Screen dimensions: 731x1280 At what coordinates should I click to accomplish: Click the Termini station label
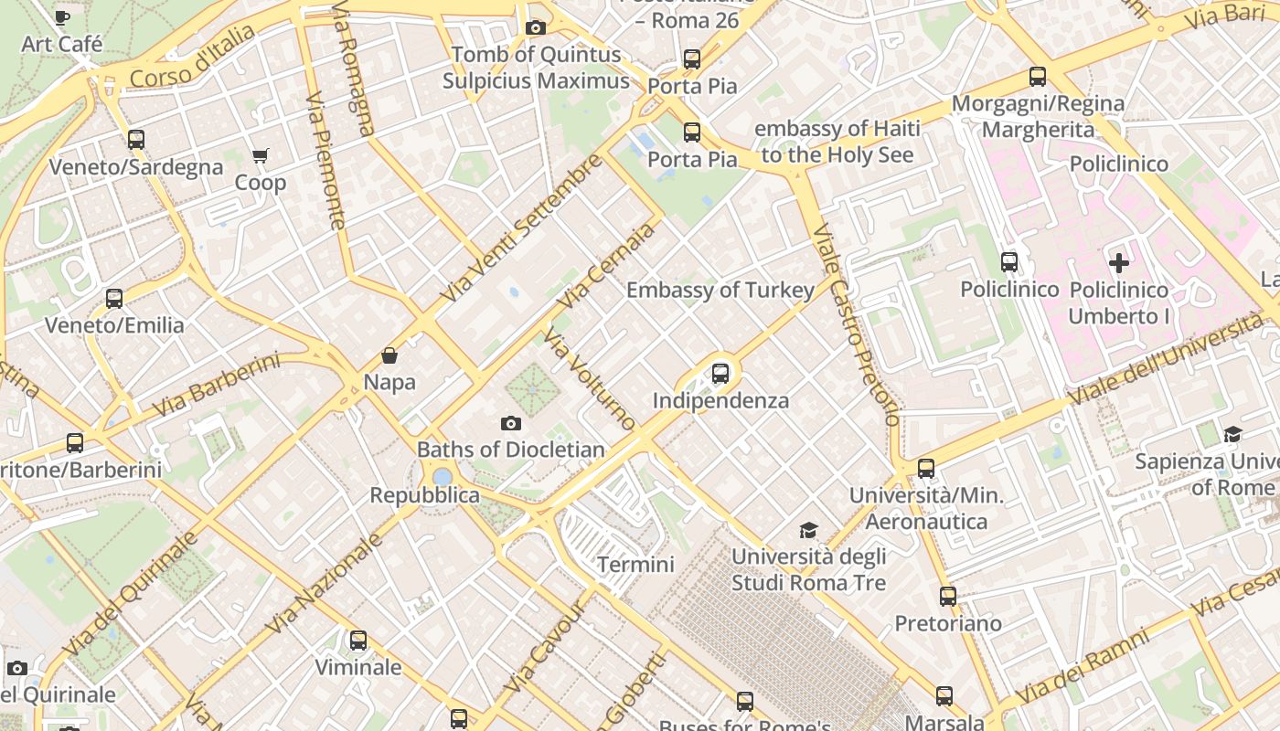[635, 564]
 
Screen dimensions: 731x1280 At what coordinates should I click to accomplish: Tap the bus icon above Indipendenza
[720, 374]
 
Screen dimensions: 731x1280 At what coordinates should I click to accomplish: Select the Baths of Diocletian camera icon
[511, 423]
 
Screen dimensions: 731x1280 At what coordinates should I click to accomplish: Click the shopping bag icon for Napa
[389, 355]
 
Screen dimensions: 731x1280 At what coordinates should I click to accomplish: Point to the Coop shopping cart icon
[261, 156]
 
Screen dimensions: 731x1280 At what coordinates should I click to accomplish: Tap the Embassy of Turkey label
[720, 291]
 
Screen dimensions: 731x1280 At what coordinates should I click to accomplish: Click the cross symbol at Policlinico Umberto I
[1118, 264]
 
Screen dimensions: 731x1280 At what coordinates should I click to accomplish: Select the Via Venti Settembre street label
[521, 228]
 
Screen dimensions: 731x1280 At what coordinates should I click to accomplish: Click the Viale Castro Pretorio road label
[856, 324]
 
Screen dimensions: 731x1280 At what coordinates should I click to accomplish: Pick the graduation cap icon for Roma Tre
[808, 531]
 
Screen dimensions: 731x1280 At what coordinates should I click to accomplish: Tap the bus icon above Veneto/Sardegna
[136, 140]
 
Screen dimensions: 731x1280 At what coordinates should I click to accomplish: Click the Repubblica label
[424, 495]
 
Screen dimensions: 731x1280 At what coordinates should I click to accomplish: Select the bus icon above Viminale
[358, 641]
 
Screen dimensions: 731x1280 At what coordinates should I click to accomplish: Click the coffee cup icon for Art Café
[61, 17]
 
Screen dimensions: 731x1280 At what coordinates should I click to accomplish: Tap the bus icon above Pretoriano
[948, 597]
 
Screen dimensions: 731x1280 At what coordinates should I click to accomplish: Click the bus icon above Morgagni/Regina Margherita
[1038, 77]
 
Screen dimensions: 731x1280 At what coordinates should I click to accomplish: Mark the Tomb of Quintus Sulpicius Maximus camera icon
[536, 28]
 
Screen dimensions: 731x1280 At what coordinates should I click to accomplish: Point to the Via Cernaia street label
[610, 265]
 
